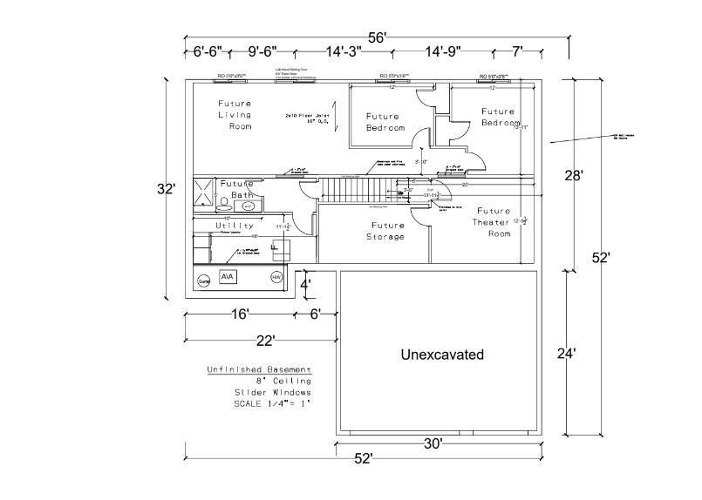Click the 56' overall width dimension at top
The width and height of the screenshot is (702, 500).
pyautogui.click(x=377, y=37)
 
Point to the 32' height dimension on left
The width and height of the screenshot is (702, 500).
pyautogui.click(x=167, y=189)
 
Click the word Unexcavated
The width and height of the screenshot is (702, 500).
pyautogui.click(x=441, y=355)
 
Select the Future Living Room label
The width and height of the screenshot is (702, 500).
pyautogui.click(x=235, y=115)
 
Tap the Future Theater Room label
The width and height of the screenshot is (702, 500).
pyautogui.click(x=493, y=222)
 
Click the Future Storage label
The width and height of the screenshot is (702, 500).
pyautogui.click(x=385, y=231)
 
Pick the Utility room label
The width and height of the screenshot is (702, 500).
pyautogui.click(x=235, y=226)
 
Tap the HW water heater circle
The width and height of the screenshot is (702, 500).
pyautogui.click(x=276, y=278)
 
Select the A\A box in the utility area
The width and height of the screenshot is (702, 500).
pyautogui.click(x=228, y=277)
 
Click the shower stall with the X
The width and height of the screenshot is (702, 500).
pyautogui.click(x=202, y=192)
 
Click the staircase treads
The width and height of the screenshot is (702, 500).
pyautogui.click(x=353, y=188)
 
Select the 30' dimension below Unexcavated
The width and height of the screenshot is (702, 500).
pyautogui.click(x=433, y=443)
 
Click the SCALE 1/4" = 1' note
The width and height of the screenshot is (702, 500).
pyautogui.click(x=272, y=403)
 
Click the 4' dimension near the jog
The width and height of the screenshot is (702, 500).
pyautogui.click(x=304, y=284)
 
